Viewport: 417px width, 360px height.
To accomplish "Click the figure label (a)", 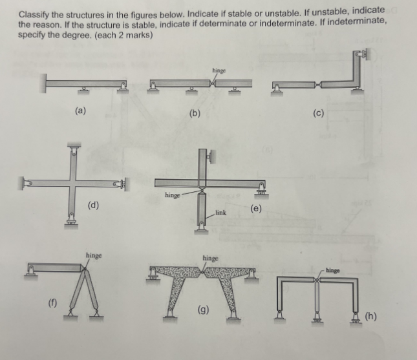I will tap(80, 111).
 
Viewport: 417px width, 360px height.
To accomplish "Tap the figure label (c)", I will tap(317, 113).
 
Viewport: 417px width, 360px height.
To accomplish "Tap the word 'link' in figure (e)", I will tap(220, 212).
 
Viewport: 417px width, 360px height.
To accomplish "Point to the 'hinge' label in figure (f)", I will tap(93, 255).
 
